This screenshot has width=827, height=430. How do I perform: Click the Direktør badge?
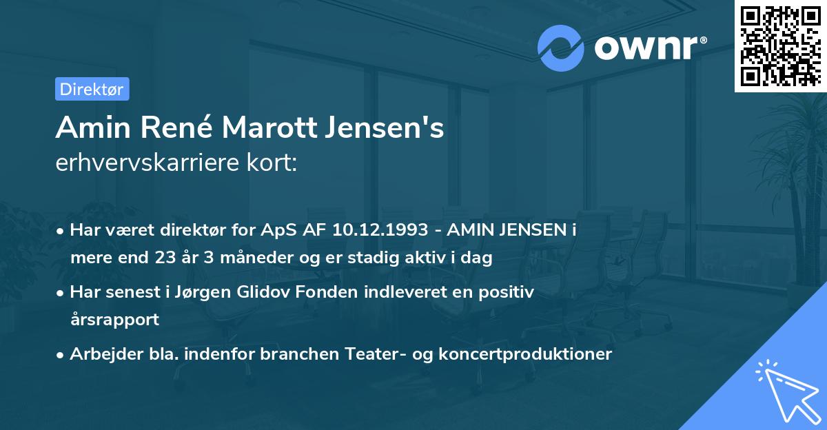[x=91, y=89]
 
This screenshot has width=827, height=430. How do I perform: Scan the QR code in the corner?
[x=780, y=46]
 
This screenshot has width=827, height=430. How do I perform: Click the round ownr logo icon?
[x=561, y=47]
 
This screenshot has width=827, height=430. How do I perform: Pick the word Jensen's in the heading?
[x=390, y=128]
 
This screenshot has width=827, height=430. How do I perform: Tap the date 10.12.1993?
[x=382, y=230]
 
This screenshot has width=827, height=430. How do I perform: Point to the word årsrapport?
[x=114, y=320]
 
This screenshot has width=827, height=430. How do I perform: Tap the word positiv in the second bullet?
[x=509, y=292]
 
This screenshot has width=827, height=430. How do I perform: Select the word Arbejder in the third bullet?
[x=100, y=354]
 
